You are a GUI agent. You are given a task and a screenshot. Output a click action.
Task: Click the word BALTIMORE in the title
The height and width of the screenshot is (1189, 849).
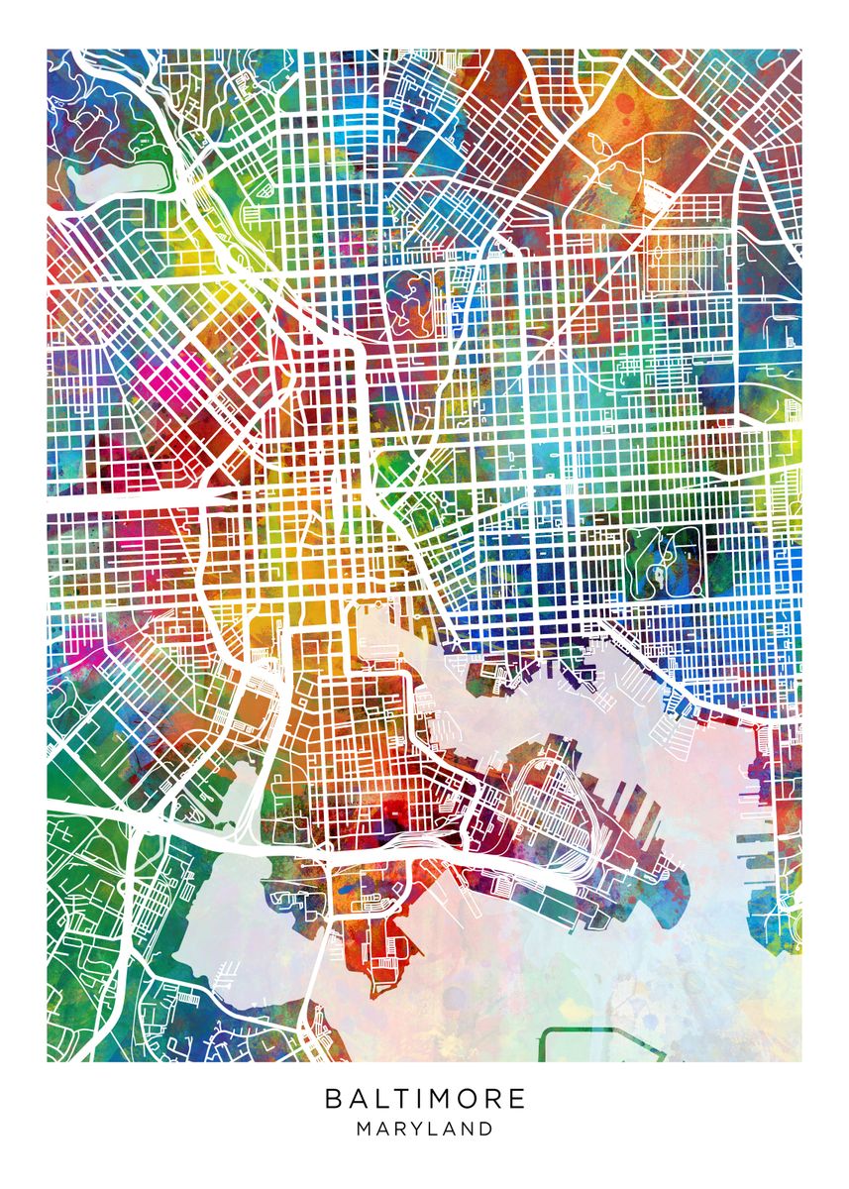click(x=425, y=1099)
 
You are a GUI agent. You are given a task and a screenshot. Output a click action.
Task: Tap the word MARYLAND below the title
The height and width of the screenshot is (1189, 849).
click(x=425, y=1129)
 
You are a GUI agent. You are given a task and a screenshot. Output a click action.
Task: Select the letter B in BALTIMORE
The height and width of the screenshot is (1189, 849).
click(x=333, y=1099)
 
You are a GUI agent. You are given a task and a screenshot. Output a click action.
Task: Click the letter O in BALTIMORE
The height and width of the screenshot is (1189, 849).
click(x=463, y=1099)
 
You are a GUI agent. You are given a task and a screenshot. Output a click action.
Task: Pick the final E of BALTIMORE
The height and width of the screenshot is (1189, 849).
click(x=517, y=1099)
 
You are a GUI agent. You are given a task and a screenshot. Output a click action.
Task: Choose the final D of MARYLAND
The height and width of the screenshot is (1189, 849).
click(x=486, y=1129)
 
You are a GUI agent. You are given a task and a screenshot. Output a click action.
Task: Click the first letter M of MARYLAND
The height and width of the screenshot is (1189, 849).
click(x=365, y=1129)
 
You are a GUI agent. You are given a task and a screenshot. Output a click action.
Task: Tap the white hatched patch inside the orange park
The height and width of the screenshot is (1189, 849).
click(x=654, y=193)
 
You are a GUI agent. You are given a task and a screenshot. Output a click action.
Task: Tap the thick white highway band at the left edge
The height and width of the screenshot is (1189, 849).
click(x=79, y=501)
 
